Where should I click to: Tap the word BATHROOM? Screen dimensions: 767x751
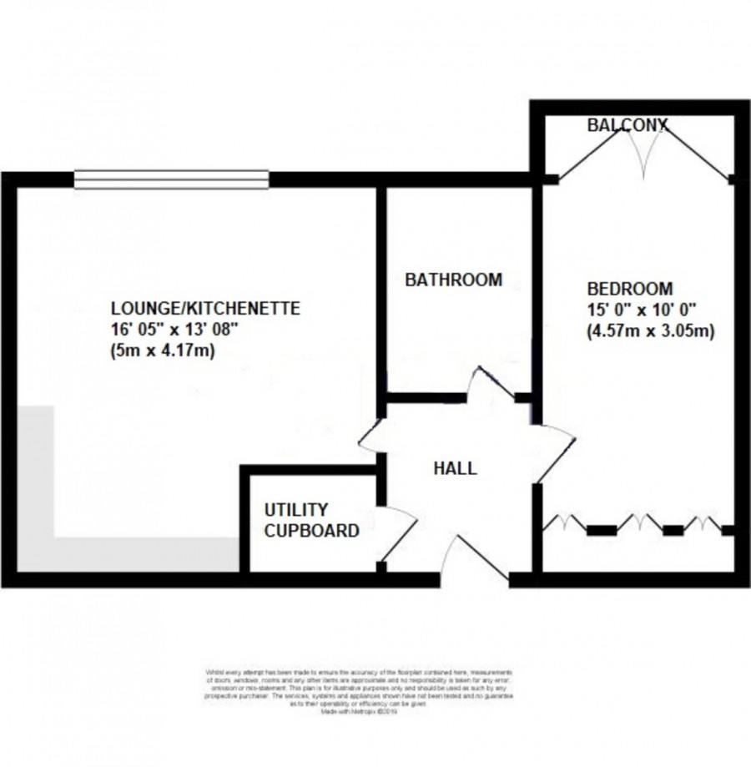click(x=453, y=280)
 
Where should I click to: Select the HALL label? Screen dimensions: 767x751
click(x=455, y=468)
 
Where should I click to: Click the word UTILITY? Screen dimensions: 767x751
click(x=296, y=509)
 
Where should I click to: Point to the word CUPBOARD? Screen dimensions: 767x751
click(x=311, y=530)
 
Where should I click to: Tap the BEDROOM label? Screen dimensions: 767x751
click(x=630, y=289)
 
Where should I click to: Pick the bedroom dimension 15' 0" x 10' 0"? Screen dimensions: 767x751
click(x=640, y=310)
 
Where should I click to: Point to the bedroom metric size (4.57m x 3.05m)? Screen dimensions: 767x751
click(x=650, y=331)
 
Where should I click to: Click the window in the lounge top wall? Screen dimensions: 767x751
click(x=171, y=177)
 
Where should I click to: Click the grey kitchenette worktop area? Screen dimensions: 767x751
click(x=125, y=555)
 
